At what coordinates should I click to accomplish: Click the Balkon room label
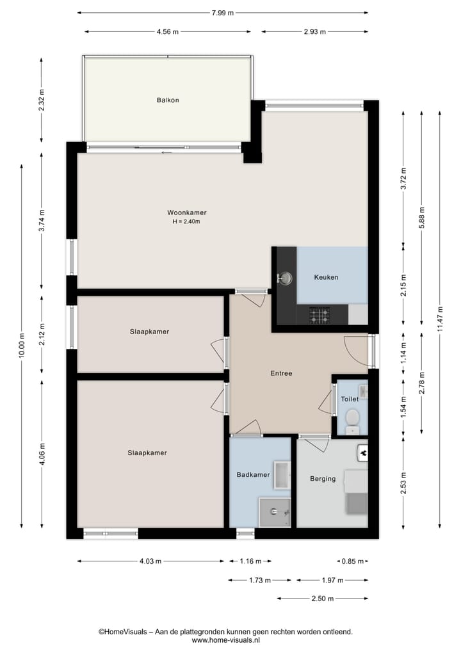click(x=168, y=100)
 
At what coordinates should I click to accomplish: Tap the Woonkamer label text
click(x=186, y=213)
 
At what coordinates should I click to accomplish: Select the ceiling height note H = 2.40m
click(x=186, y=222)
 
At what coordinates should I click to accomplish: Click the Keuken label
click(x=326, y=277)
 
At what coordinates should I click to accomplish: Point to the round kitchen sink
click(x=286, y=278)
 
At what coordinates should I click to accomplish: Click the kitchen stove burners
click(x=318, y=314)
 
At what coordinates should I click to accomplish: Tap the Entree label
click(x=281, y=373)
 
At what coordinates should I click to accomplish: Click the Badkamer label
click(x=253, y=474)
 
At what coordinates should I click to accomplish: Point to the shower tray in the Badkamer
click(x=275, y=511)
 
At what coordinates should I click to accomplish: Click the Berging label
click(x=323, y=478)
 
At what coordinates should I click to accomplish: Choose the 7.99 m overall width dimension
click(x=222, y=12)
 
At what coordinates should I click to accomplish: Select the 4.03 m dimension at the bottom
click(x=150, y=561)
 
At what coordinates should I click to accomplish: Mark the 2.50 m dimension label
click(x=323, y=599)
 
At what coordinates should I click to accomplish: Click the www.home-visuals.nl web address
click(x=225, y=639)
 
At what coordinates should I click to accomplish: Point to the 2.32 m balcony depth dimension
click(x=42, y=100)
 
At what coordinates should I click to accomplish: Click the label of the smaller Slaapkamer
click(x=149, y=332)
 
